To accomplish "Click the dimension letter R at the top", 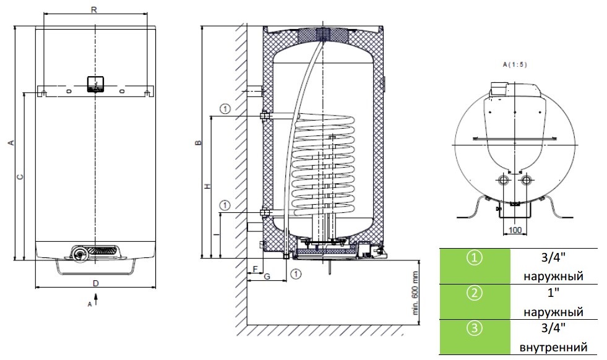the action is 94,10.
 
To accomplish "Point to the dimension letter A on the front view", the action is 12,143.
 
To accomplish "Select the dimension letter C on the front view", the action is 20,177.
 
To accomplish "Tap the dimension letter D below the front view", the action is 96,283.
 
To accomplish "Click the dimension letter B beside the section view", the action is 198,143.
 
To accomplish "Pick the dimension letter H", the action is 208,186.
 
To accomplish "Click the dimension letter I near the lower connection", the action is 217,234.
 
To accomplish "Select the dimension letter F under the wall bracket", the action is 255,269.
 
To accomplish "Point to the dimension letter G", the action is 267,276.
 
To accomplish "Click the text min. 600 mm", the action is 415,293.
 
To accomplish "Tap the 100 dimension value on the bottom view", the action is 515,230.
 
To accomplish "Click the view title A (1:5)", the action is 515,65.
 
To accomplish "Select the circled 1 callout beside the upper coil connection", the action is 225,109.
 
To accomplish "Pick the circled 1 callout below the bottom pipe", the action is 295,275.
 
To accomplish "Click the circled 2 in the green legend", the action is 475,293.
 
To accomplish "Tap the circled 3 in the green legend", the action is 475,328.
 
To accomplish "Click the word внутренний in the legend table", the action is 553,347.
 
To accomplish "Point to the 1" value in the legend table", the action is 554,293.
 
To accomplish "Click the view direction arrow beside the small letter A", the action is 96,299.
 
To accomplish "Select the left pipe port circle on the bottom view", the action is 504,181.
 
